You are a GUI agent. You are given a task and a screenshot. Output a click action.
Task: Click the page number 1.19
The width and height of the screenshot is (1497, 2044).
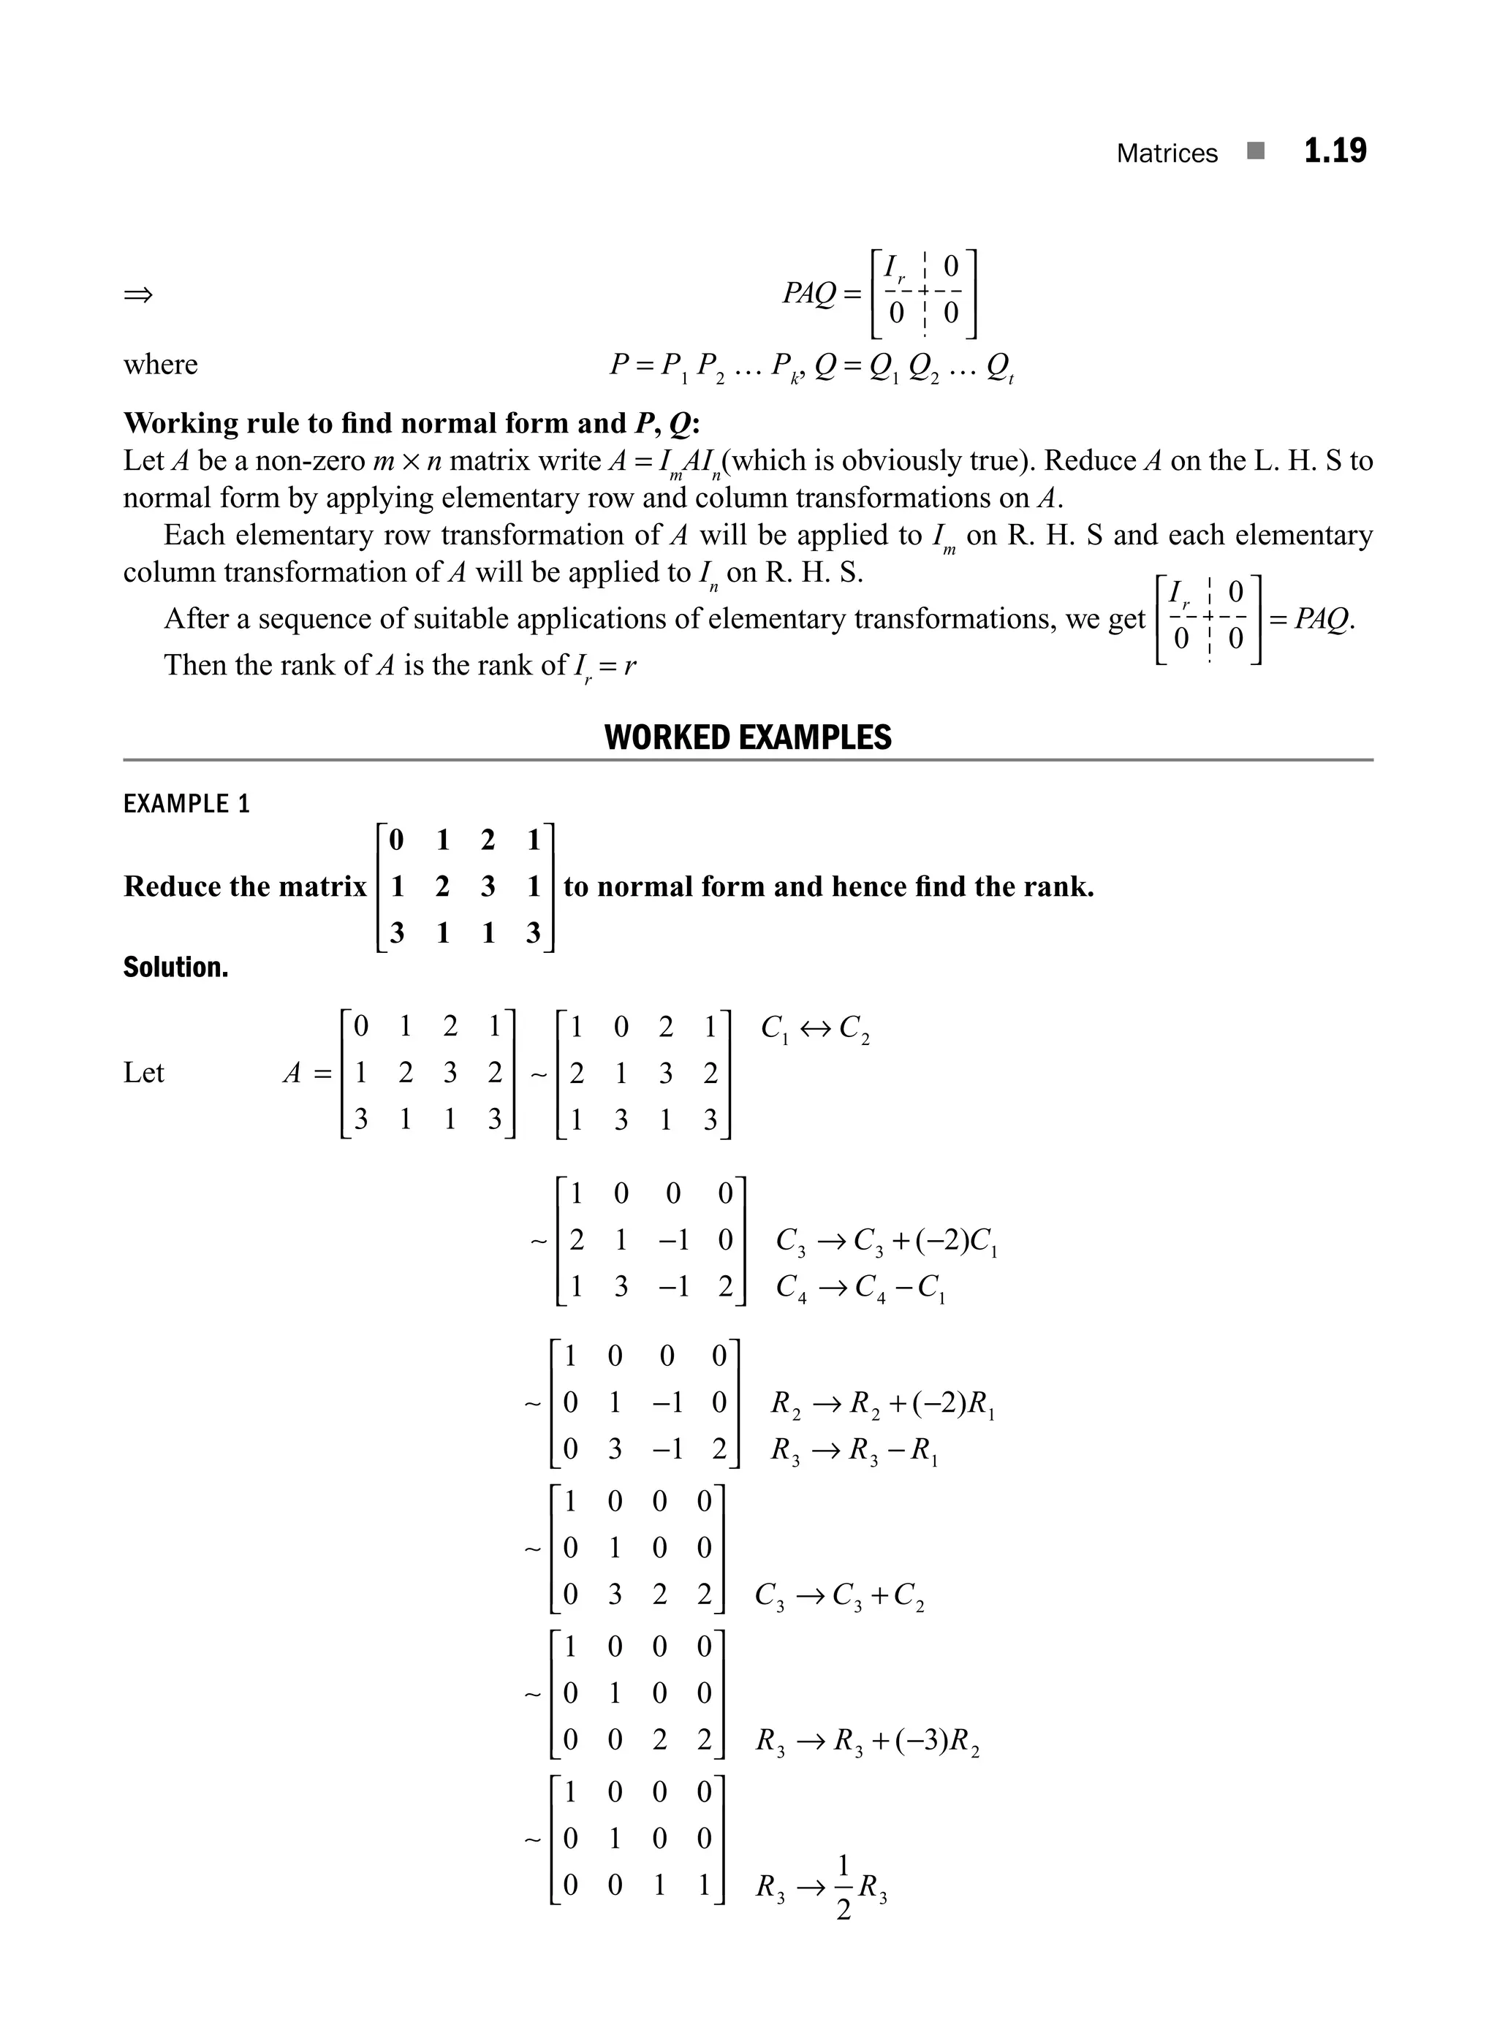pos(1334,151)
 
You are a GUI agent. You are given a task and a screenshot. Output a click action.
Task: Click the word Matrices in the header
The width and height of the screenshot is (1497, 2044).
pos(1167,153)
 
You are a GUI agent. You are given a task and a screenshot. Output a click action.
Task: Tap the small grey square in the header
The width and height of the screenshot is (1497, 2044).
pos(1255,151)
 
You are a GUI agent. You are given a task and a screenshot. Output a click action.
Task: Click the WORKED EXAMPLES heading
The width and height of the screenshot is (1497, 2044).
pos(748,737)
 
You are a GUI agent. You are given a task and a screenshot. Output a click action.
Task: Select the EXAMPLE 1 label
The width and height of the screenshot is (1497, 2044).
pos(186,804)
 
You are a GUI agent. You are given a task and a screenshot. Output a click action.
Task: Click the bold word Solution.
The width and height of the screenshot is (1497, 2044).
pos(176,968)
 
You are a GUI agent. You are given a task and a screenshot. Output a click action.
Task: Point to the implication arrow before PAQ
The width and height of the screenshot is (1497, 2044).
pos(139,295)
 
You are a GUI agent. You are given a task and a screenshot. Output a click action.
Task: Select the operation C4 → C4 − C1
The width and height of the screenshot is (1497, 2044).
pos(861,1288)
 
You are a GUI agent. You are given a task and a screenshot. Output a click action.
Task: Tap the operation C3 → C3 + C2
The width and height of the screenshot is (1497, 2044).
pos(839,1595)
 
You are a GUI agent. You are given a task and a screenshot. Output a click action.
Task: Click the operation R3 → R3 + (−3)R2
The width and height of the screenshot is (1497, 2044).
pos(867,1741)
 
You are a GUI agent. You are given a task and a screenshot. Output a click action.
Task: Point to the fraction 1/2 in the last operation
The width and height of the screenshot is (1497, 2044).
pos(843,1888)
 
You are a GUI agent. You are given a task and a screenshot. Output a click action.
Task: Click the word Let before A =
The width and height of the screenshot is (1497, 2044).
pos(143,1073)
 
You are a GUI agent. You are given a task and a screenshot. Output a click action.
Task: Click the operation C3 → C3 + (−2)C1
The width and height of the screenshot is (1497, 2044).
pos(886,1240)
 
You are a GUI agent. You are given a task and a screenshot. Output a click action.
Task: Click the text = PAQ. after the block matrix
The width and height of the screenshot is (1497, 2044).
pos(1311,619)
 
